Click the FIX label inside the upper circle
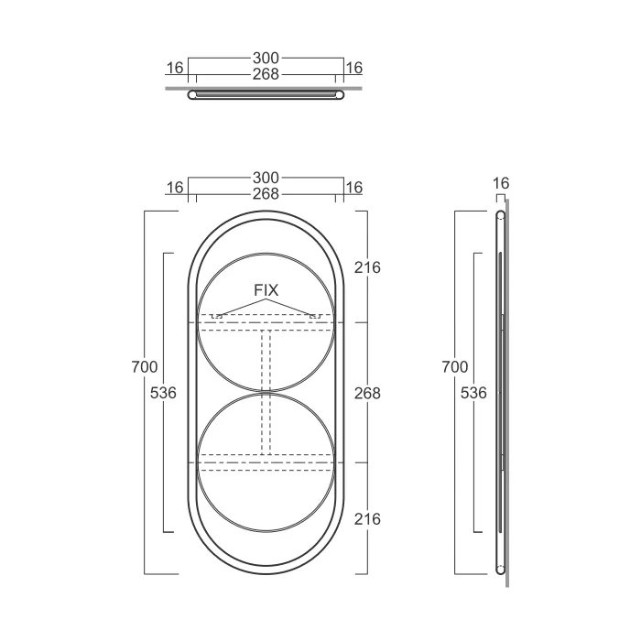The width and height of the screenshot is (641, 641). click(266, 290)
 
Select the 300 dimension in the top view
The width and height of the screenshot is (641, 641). click(266, 58)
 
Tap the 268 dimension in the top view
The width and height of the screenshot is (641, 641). click(266, 74)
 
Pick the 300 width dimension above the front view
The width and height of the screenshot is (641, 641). click(266, 178)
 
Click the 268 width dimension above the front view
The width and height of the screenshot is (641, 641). click(266, 194)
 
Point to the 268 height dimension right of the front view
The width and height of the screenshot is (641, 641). click(367, 393)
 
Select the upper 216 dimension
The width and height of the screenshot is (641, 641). click(367, 267)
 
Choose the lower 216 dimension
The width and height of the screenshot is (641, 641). click(367, 519)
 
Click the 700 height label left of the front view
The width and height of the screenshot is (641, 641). click(145, 366)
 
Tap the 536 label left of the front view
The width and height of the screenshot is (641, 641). click(163, 393)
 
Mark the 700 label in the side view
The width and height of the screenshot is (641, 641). click(454, 366)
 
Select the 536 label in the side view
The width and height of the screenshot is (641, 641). click(473, 393)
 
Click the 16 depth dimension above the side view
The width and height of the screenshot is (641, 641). click(501, 183)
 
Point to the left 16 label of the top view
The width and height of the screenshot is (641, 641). click(175, 68)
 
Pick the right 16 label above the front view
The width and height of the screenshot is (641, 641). click(354, 188)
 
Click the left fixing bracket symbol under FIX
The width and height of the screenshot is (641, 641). click(217, 316)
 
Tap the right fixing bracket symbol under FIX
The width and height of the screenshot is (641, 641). click(315, 316)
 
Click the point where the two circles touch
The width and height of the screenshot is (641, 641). click(266, 393)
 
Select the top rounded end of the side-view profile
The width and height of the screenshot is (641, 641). click(500, 215)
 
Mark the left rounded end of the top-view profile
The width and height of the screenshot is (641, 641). click(192, 95)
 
